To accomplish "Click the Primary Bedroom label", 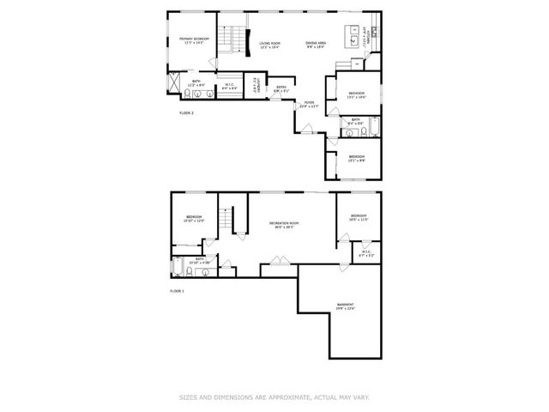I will pyautogui.click(x=192, y=40).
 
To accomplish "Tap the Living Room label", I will pyautogui.click(x=272, y=46).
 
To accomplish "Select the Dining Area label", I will pyautogui.click(x=317, y=45).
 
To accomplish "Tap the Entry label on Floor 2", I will pyautogui.click(x=281, y=88).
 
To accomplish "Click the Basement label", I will pyautogui.click(x=346, y=306).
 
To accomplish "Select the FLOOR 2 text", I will pyautogui.click(x=186, y=113).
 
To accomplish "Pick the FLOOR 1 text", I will pyautogui.click(x=177, y=292).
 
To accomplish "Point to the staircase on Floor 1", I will pyautogui.click(x=226, y=221).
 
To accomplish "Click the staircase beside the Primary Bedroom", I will pyautogui.click(x=229, y=39).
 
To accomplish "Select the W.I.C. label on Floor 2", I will pyautogui.click(x=229, y=85).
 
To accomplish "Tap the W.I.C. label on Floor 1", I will pyautogui.click(x=366, y=252).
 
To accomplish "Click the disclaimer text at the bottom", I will pyautogui.click(x=274, y=397).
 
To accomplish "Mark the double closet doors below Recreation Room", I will pyautogui.click(x=279, y=260).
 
